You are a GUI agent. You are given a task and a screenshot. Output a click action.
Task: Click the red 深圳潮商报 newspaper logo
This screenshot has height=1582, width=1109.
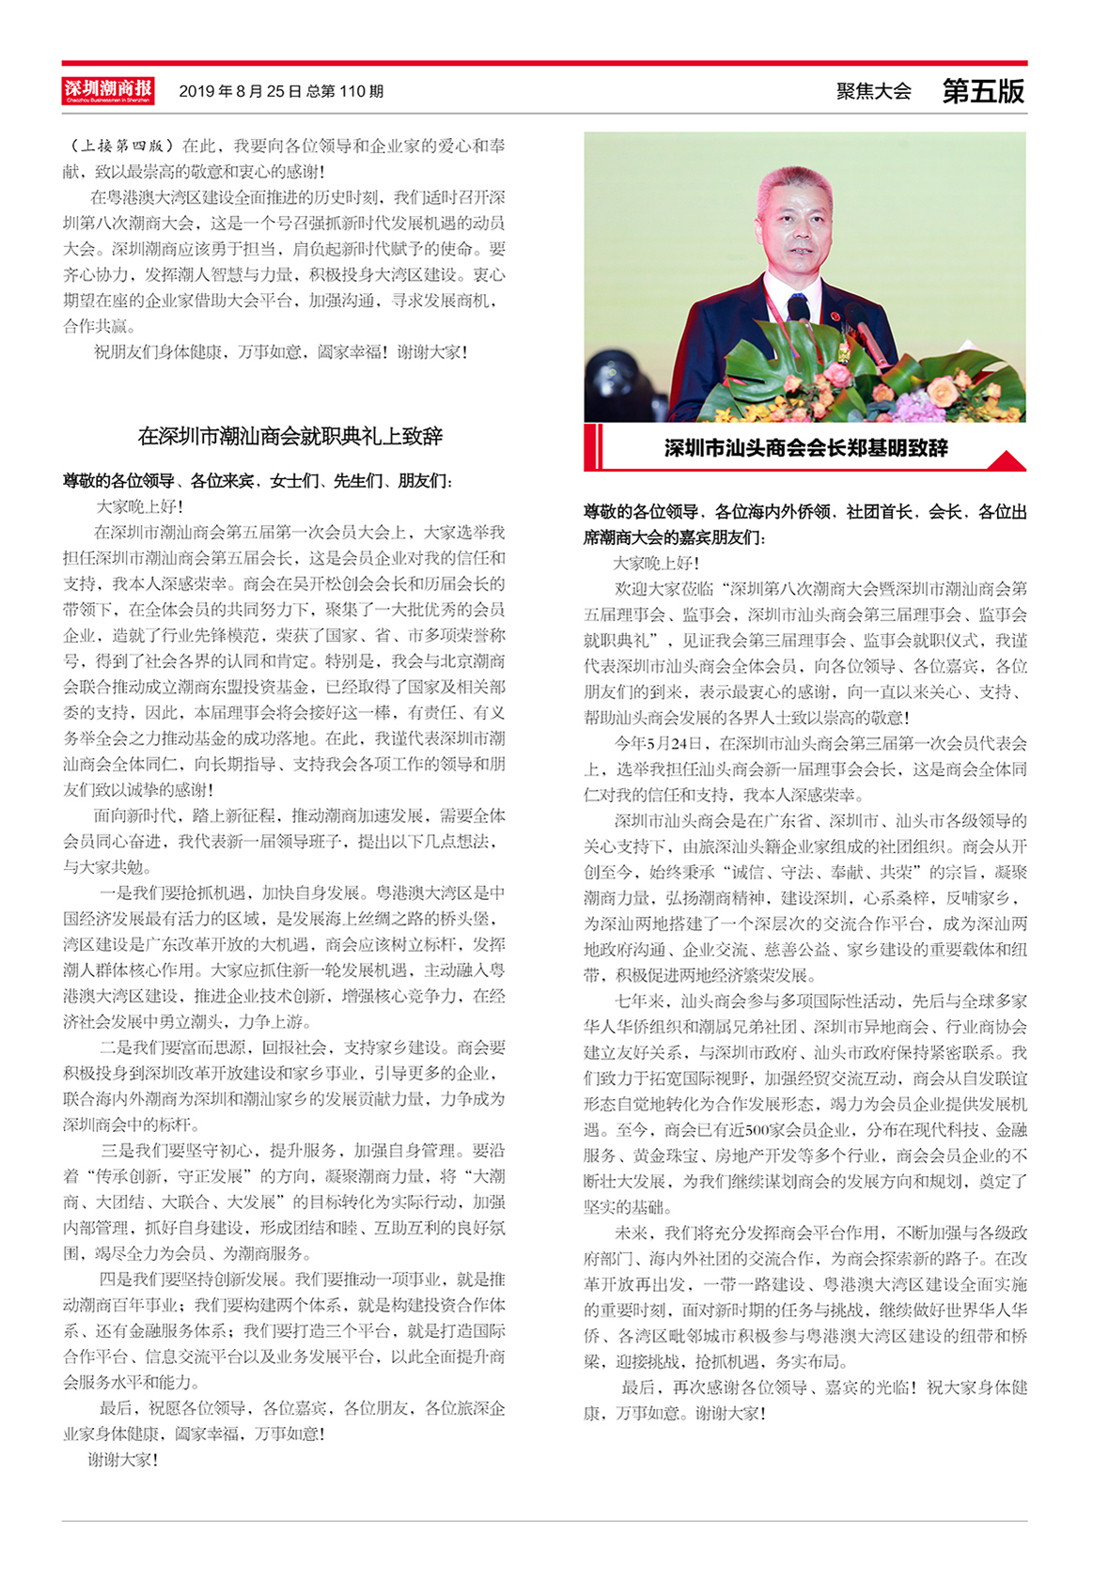108,91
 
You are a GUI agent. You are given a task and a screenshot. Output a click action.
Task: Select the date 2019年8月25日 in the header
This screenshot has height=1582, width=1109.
240,92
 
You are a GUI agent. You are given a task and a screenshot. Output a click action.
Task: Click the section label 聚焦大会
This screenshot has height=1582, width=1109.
873,91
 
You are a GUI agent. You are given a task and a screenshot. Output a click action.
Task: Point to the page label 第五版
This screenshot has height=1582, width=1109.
983,91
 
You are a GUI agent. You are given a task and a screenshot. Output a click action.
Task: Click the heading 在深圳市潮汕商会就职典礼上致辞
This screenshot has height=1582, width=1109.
289,436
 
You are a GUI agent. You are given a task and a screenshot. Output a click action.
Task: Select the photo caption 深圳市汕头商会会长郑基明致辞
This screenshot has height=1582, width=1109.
805,448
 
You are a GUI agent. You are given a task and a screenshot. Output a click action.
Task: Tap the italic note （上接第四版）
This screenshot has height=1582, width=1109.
122,146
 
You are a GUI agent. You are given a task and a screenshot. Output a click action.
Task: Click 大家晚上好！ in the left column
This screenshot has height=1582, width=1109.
139,506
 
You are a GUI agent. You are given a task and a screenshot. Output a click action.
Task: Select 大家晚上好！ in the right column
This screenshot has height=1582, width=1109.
656,563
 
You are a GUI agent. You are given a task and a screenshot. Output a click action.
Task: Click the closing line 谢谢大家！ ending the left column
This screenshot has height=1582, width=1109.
122,1460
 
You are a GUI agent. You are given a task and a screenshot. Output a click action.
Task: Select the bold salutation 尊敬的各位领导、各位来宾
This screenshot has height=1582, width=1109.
158,481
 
